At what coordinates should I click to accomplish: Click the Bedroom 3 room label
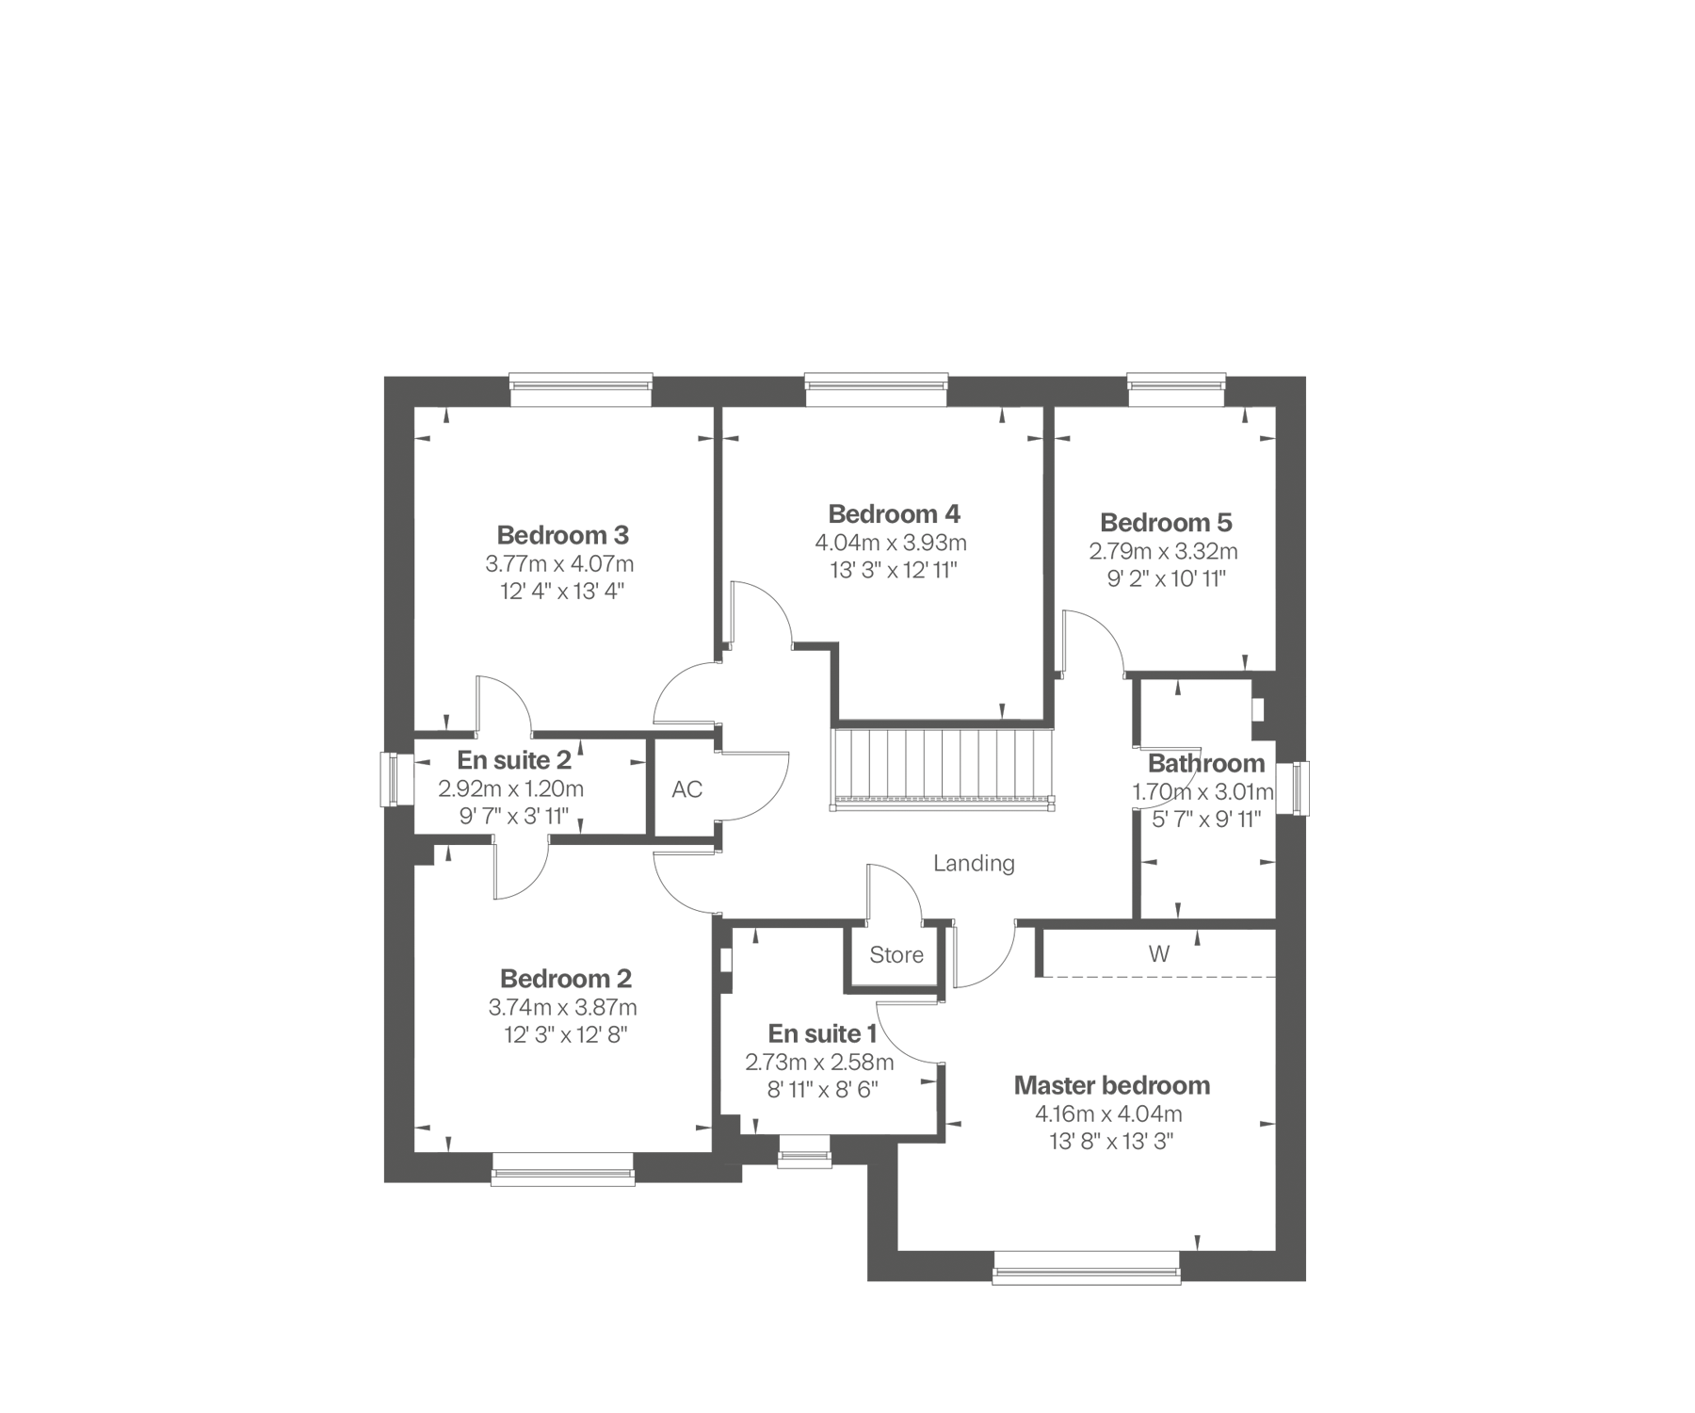[x=562, y=535]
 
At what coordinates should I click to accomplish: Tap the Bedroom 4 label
[x=894, y=514]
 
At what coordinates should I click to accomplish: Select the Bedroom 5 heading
[x=1166, y=523]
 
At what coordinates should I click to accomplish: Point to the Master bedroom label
[x=1111, y=1085]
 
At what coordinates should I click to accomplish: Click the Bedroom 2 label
[x=566, y=979]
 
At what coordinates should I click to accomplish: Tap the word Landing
[x=974, y=863]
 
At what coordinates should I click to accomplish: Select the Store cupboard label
[x=896, y=955]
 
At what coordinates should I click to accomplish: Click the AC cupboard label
[x=687, y=789]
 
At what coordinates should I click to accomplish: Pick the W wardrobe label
[x=1159, y=954]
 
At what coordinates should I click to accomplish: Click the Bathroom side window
[x=1300, y=788]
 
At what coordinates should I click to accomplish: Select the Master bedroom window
[x=1086, y=1267]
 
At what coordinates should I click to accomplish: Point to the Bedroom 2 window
[x=562, y=1168]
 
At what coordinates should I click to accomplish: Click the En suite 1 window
[x=804, y=1152]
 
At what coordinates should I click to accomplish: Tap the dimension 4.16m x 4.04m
[x=1108, y=1114]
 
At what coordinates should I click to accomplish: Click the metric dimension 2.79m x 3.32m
[x=1164, y=551]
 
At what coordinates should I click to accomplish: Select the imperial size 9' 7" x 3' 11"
[x=514, y=817]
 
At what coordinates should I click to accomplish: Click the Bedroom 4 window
[x=877, y=390]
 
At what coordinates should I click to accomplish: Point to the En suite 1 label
[x=822, y=1034]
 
